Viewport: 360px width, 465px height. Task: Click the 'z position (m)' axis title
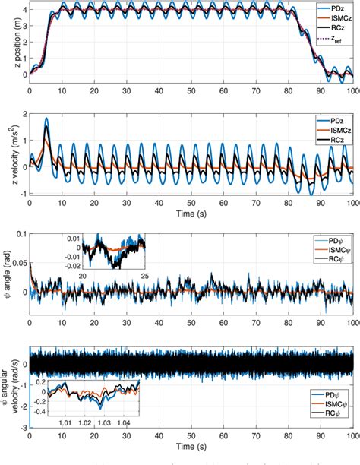(7, 43)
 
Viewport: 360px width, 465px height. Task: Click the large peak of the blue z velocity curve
(46, 119)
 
